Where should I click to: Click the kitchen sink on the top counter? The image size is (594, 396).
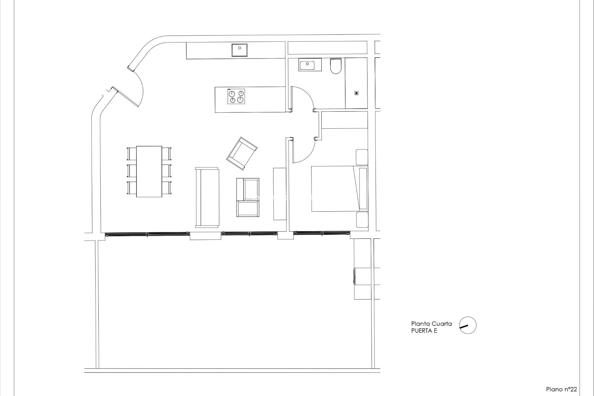(239, 50)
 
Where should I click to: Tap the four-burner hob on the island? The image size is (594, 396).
(236, 96)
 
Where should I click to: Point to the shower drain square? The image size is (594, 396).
(356, 93)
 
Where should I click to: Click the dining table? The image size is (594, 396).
(149, 171)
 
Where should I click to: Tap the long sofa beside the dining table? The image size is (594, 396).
(207, 197)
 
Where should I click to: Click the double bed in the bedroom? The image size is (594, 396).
(336, 189)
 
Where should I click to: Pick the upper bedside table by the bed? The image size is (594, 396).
(362, 157)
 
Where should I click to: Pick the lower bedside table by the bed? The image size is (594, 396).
(362, 220)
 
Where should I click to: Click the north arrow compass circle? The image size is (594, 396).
(468, 325)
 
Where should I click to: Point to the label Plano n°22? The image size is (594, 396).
(561, 389)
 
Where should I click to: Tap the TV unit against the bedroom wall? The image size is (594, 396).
(279, 194)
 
